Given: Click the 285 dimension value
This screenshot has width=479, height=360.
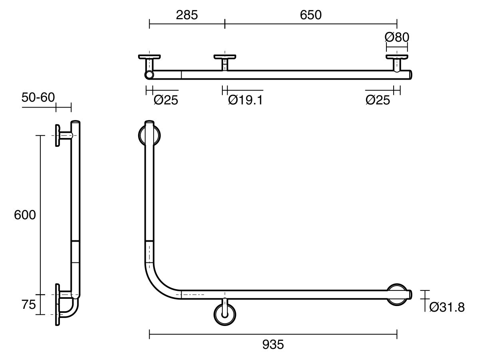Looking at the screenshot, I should [187, 15].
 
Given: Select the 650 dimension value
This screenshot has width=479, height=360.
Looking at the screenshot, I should [311, 15].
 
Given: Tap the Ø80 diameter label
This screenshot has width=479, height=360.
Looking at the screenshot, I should [397, 37].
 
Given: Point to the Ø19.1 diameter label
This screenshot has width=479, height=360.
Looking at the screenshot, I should [245, 100].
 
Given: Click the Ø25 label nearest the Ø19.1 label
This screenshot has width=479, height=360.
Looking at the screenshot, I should [166, 100].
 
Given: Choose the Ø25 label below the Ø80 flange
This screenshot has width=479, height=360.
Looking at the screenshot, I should [377, 100].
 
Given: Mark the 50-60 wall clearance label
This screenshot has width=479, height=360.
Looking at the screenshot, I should [38, 97].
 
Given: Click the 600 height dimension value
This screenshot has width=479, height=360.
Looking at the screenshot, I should [25, 215].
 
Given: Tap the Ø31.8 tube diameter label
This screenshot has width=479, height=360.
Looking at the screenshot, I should [447, 307].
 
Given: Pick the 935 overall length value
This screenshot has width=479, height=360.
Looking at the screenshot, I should [273, 344].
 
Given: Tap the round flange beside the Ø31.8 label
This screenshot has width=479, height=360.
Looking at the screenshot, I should [398, 295].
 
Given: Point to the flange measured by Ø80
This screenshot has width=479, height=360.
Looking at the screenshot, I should [397, 57].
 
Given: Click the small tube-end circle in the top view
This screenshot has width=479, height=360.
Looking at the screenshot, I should [149, 75].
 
